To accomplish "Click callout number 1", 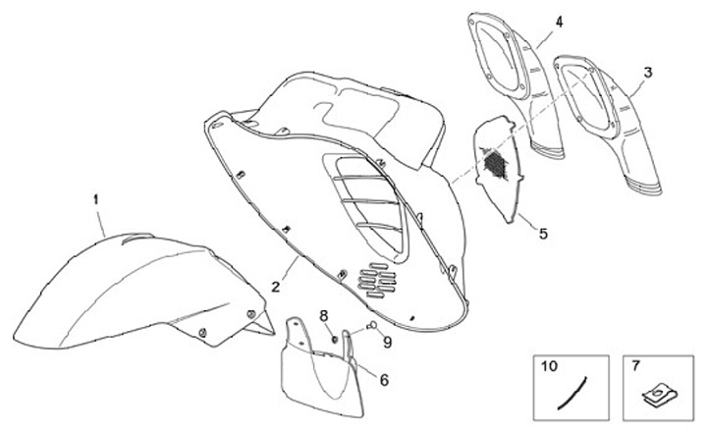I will point(96,199).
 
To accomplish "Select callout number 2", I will point(277,286).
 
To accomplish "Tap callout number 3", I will point(647,73).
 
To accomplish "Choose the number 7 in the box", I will point(635,365).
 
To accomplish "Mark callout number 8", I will point(322,314).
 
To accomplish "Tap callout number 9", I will point(387,342).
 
